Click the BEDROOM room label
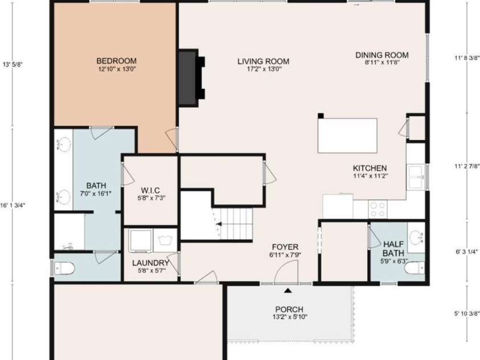click(116, 61)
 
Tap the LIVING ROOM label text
click(263, 62)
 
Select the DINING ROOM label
click(381, 55)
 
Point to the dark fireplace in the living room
click(191, 78)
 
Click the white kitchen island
click(347, 136)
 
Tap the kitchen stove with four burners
click(378, 209)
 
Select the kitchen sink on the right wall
click(416, 177)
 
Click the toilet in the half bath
click(414, 268)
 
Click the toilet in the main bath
click(64, 269)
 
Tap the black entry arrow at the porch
click(288, 291)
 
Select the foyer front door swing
click(286, 273)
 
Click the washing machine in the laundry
click(140, 240)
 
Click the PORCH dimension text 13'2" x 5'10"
click(290, 317)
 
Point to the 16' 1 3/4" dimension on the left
click(13, 206)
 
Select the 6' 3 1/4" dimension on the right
click(467, 252)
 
